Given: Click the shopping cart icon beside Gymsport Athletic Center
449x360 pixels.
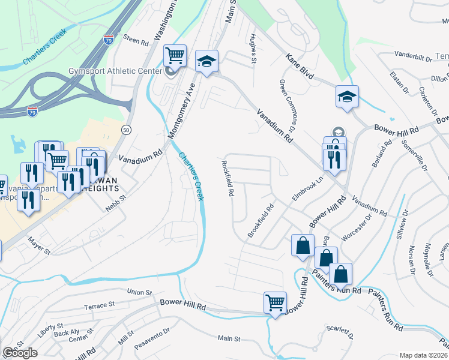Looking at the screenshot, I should (175, 56).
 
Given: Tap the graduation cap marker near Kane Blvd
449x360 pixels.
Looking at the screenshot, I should (347, 96).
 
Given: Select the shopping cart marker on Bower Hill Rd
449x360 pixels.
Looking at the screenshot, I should (275, 302).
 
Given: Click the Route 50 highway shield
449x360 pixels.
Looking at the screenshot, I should (125, 129).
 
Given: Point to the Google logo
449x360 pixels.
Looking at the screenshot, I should (20, 353).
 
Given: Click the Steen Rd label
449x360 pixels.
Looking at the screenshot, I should (136, 41).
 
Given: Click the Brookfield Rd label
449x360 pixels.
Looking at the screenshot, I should (261, 220).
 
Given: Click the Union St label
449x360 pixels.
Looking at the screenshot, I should (139, 292).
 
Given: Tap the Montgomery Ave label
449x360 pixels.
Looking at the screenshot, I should (183, 107).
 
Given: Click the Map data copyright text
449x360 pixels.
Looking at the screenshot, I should (424, 355).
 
